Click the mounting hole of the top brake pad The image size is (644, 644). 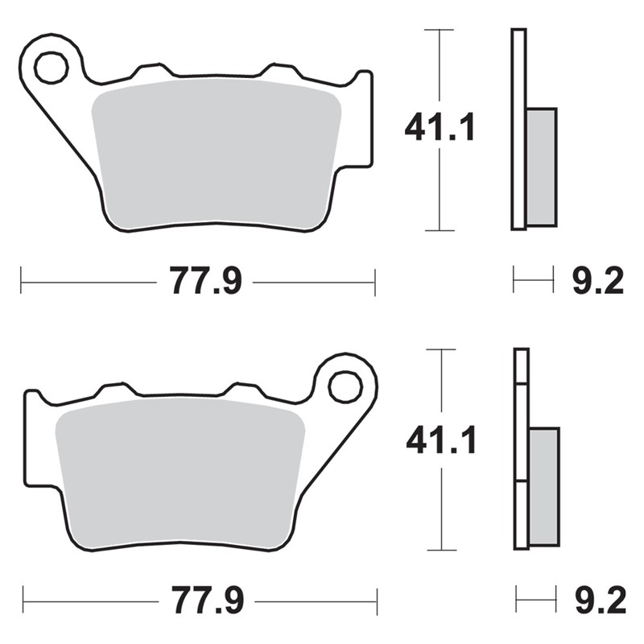(52, 68)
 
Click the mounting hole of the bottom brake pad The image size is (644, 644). (345, 386)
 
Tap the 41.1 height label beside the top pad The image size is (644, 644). (440, 126)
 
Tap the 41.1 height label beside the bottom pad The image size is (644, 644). (440, 440)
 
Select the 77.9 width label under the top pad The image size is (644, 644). (206, 280)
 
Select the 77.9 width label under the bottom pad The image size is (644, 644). (208, 600)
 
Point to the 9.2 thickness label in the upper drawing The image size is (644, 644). (598, 280)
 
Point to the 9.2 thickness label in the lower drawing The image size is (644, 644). (601, 600)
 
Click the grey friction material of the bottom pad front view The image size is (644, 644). (180, 473)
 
